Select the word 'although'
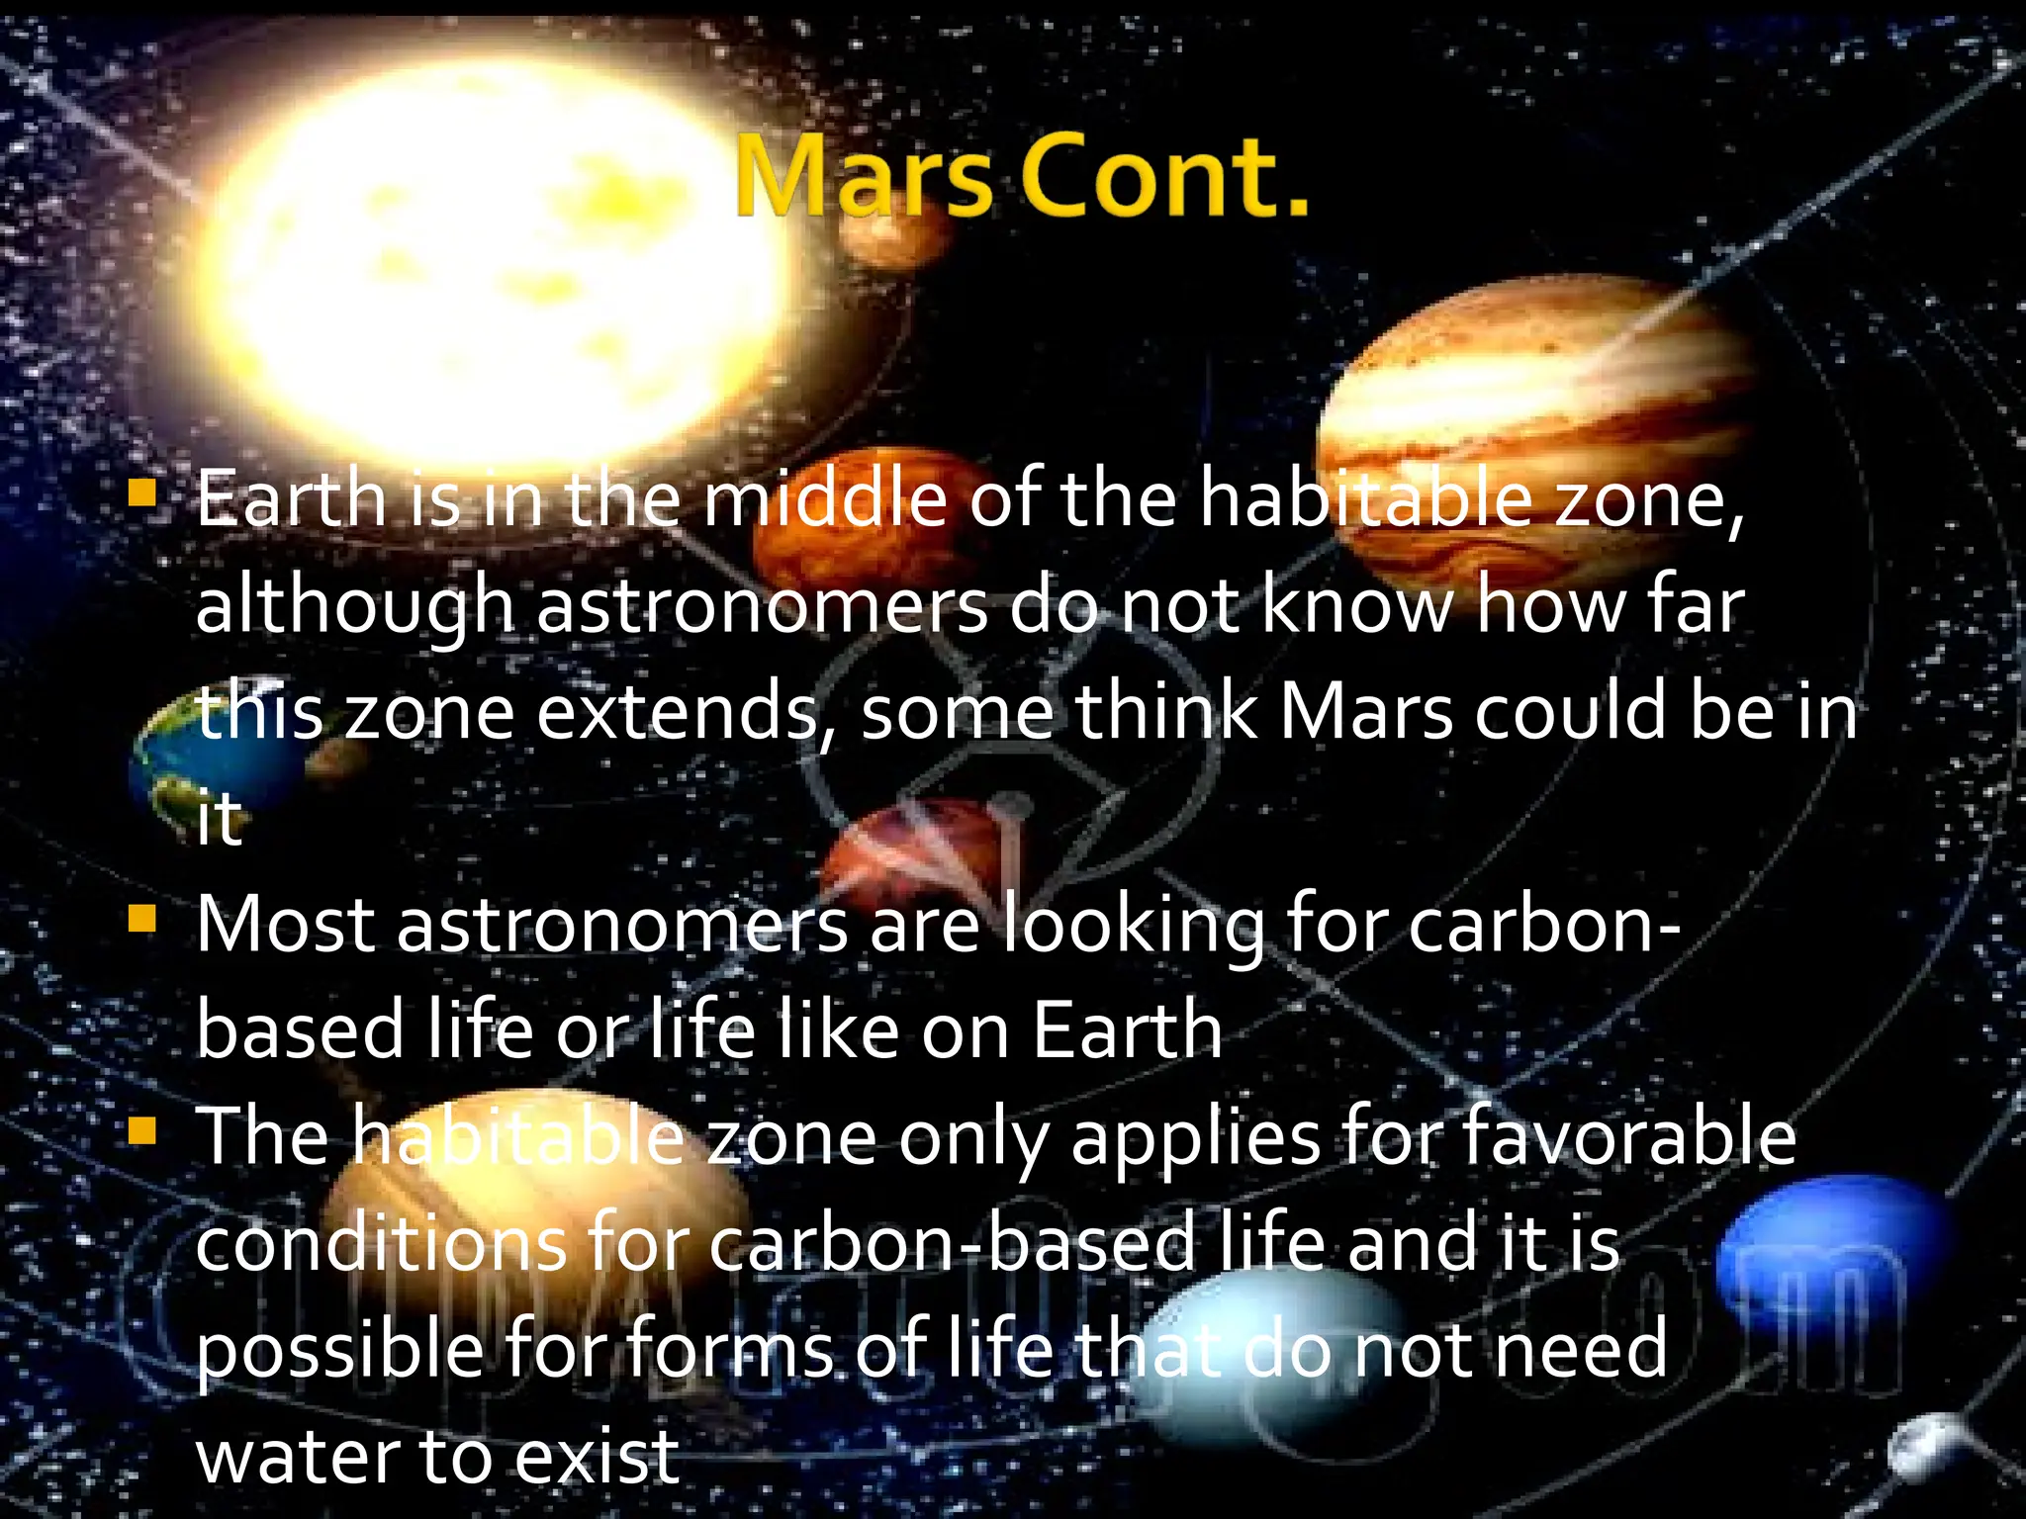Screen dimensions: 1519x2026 (x=354, y=605)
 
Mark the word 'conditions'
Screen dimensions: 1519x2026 (x=381, y=1244)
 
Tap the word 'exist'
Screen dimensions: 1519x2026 (x=597, y=1457)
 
